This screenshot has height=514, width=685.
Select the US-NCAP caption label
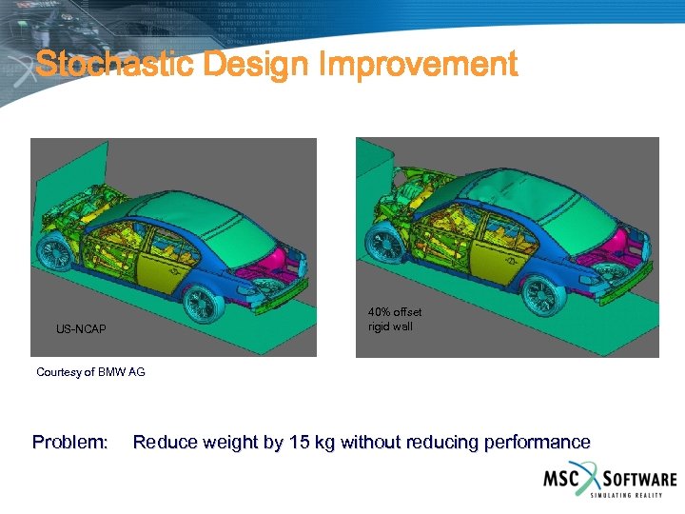[81, 329]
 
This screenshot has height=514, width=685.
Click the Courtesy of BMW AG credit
[90, 372]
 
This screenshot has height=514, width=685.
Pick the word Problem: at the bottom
[70, 442]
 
